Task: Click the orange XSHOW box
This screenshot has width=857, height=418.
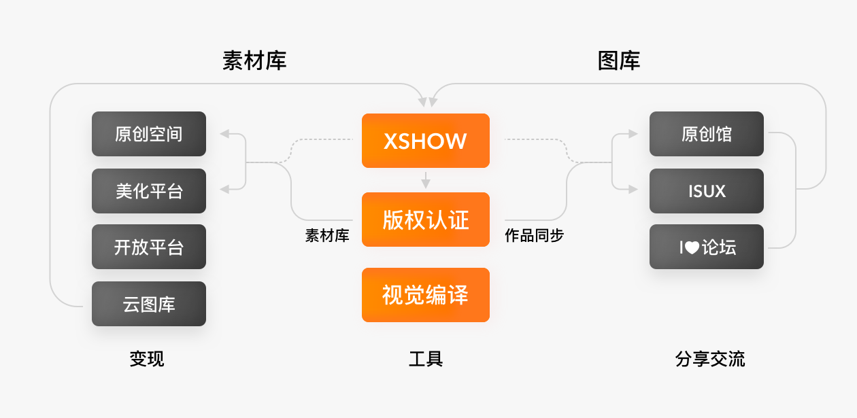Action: (425, 141)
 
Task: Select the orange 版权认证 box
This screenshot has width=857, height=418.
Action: (425, 220)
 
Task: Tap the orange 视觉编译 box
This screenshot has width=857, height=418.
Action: (425, 295)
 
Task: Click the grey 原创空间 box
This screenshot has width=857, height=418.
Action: (149, 134)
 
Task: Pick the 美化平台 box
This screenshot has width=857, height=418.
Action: (149, 191)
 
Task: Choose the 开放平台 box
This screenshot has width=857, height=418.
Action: (149, 247)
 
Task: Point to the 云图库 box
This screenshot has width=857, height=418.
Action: (149, 304)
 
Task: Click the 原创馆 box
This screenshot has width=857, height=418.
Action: (707, 134)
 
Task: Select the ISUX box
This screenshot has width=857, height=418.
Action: (707, 191)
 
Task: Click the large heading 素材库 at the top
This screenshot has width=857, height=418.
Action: (254, 61)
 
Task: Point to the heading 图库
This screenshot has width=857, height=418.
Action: (619, 61)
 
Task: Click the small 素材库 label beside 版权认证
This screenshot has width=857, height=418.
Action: (327, 236)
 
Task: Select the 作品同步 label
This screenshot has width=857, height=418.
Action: (534, 236)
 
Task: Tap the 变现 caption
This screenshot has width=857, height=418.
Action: (147, 359)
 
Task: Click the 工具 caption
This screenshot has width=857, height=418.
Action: (426, 359)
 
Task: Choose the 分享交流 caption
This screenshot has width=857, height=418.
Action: (710, 359)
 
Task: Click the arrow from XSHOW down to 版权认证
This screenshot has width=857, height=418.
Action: (426, 181)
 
